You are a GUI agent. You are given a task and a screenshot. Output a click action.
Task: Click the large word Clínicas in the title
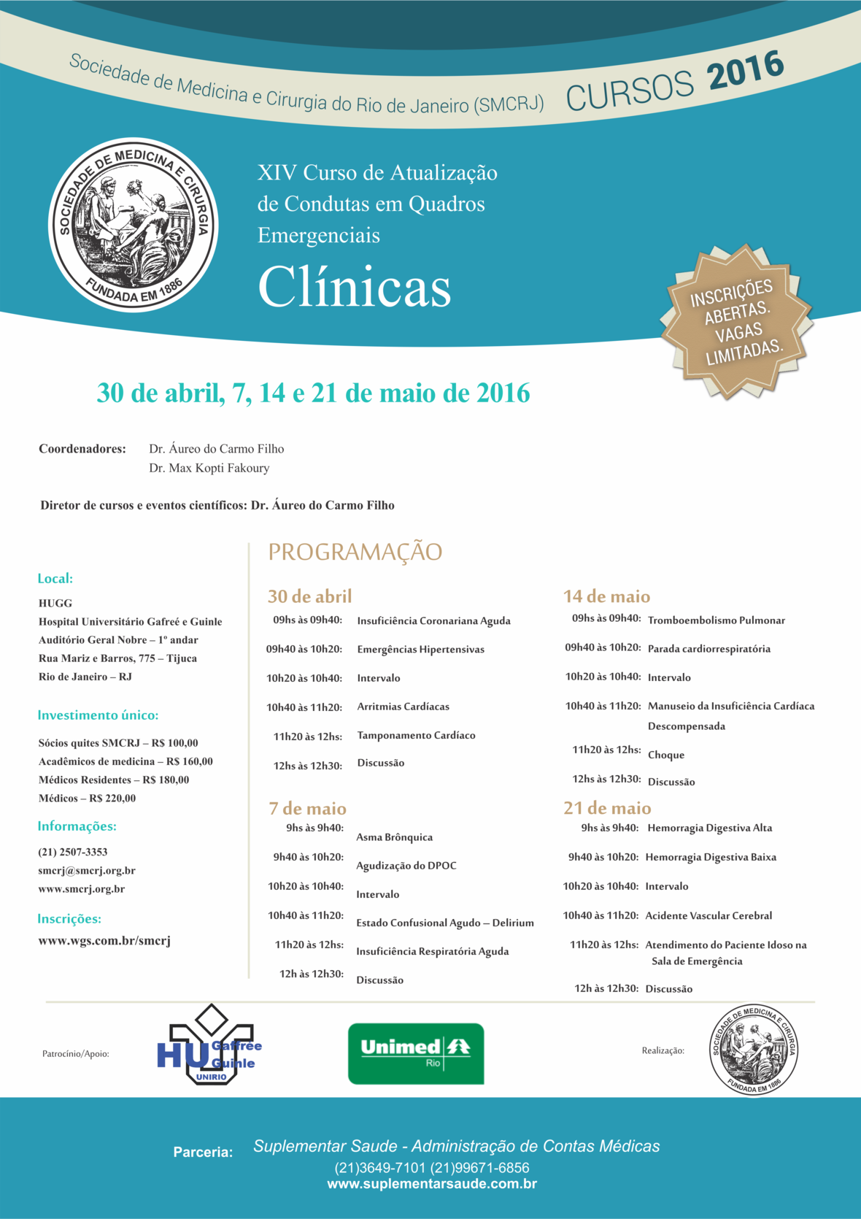pyautogui.click(x=355, y=287)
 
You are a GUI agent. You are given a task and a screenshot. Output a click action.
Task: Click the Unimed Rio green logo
pyautogui.click(x=416, y=1053)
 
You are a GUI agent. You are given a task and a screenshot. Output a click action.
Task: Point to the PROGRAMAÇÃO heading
pyautogui.click(x=355, y=552)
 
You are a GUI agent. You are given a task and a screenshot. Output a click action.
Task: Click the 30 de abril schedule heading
pyautogui.click(x=309, y=596)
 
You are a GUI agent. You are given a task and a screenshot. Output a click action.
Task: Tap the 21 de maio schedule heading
pyautogui.click(x=607, y=808)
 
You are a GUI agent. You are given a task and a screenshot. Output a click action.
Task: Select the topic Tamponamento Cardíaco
pyautogui.click(x=416, y=735)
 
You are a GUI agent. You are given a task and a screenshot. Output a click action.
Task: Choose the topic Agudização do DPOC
pyautogui.click(x=406, y=866)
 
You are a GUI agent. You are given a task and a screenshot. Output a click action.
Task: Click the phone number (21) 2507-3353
pyautogui.click(x=73, y=852)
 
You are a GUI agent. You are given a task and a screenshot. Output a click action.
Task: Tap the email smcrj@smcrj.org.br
pyautogui.click(x=87, y=871)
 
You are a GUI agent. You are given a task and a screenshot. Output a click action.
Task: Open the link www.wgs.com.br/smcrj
pyautogui.click(x=104, y=941)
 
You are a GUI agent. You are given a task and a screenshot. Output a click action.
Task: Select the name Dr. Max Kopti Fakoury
pyautogui.click(x=209, y=468)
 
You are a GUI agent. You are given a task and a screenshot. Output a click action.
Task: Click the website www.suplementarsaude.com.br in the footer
pyautogui.click(x=431, y=1184)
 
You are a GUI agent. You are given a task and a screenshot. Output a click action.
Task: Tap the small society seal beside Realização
pyautogui.click(x=753, y=1050)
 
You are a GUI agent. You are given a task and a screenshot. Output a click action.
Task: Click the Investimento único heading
pyautogui.click(x=98, y=715)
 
